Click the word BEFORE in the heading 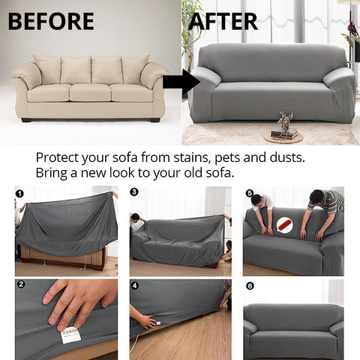tap(50, 20)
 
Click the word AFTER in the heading tap(223, 20)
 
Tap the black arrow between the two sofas tap(180, 82)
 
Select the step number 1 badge tap(19, 193)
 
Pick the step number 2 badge tap(20, 285)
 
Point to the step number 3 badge tap(134, 192)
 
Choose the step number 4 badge tap(134, 285)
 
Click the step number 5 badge tap(249, 193)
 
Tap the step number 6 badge tap(249, 285)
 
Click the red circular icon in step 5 tap(284, 224)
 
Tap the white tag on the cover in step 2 tap(71, 331)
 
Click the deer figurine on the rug tap(284, 122)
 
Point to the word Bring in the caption tap(52, 173)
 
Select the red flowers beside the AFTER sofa tap(350, 30)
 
